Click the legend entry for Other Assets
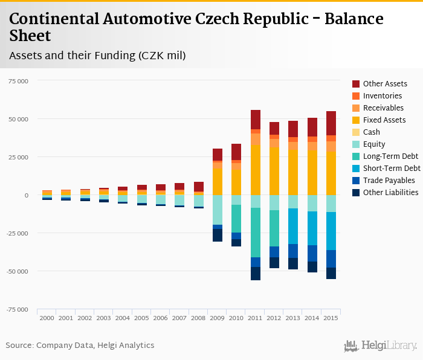[x=384, y=84]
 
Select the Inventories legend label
[x=382, y=96]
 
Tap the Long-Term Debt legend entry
[x=389, y=156]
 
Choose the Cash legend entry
[x=372, y=132]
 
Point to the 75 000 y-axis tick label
[x=18, y=81]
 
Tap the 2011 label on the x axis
[x=254, y=318]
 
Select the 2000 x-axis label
[x=47, y=318]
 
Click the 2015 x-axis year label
[x=330, y=318]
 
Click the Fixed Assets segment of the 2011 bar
[x=255, y=170]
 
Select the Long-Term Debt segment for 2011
[x=255, y=233]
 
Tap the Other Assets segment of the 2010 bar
[x=236, y=152]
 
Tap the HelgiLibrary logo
[x=381, y=346]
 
